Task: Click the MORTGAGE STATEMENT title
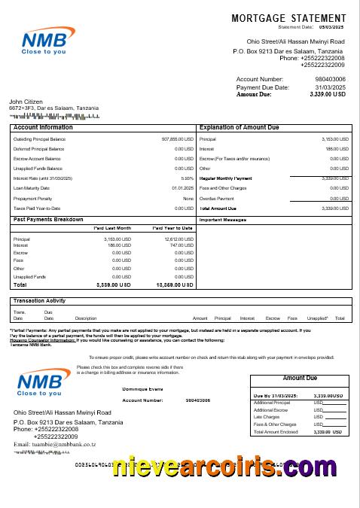tap(290, 17)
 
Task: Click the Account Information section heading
tap(44, 128)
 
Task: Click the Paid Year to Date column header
tap(172, 228)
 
